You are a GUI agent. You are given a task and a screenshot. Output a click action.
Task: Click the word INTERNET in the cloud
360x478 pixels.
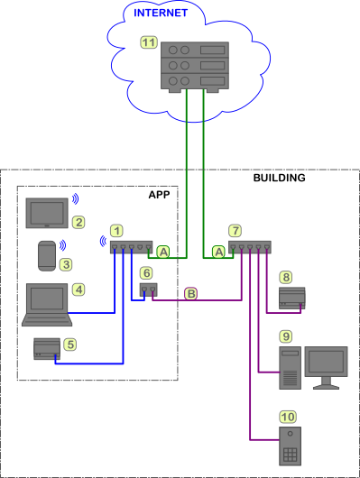161,13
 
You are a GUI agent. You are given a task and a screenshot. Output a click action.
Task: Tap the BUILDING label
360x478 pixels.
279,178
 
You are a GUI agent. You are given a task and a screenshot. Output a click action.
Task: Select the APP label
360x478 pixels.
159,195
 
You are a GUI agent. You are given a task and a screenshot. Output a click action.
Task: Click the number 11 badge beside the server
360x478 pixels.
149,42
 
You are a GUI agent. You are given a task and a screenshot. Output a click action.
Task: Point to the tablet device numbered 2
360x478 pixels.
47,213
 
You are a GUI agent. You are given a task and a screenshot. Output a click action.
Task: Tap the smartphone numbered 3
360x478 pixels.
47,256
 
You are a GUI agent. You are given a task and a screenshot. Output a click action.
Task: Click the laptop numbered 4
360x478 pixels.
47,305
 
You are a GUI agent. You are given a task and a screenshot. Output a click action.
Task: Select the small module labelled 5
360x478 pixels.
47,349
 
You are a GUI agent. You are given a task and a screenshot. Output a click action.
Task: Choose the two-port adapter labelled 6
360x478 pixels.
149,290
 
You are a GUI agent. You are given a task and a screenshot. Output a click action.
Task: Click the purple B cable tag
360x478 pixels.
191,294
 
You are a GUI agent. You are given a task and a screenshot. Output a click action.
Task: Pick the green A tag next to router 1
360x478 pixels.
163,253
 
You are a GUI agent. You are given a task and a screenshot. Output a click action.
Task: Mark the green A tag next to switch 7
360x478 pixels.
218,253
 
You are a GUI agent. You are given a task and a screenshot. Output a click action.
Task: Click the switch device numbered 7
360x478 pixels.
250,247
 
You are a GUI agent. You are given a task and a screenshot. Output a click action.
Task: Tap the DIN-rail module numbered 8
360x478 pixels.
292,298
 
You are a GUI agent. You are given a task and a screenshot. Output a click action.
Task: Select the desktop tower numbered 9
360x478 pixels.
291,368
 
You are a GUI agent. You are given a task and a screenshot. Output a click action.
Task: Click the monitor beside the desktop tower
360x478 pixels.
326,368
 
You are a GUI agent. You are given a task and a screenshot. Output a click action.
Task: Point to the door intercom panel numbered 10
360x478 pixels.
291,446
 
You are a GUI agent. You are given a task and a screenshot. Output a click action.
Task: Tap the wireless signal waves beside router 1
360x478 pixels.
103,241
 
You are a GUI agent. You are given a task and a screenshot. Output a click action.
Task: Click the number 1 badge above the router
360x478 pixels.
117,231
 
